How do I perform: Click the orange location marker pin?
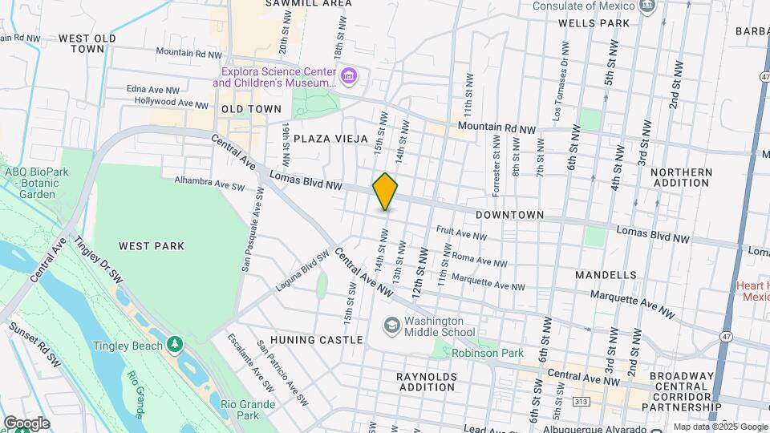click(385, 191)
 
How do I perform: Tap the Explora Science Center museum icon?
click(348, 77)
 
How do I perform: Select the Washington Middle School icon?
click(391, 326)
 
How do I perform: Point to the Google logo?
click(26, 423)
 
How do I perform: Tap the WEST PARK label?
click(151, 246)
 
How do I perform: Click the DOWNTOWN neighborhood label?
click(509, 216)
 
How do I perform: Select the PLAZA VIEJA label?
click(330, 139)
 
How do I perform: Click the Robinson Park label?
click(487, 353)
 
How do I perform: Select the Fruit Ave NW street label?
click(461, 233)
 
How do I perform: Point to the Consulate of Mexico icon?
click(648, 6)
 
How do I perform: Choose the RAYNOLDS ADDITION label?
click(427, 382)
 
